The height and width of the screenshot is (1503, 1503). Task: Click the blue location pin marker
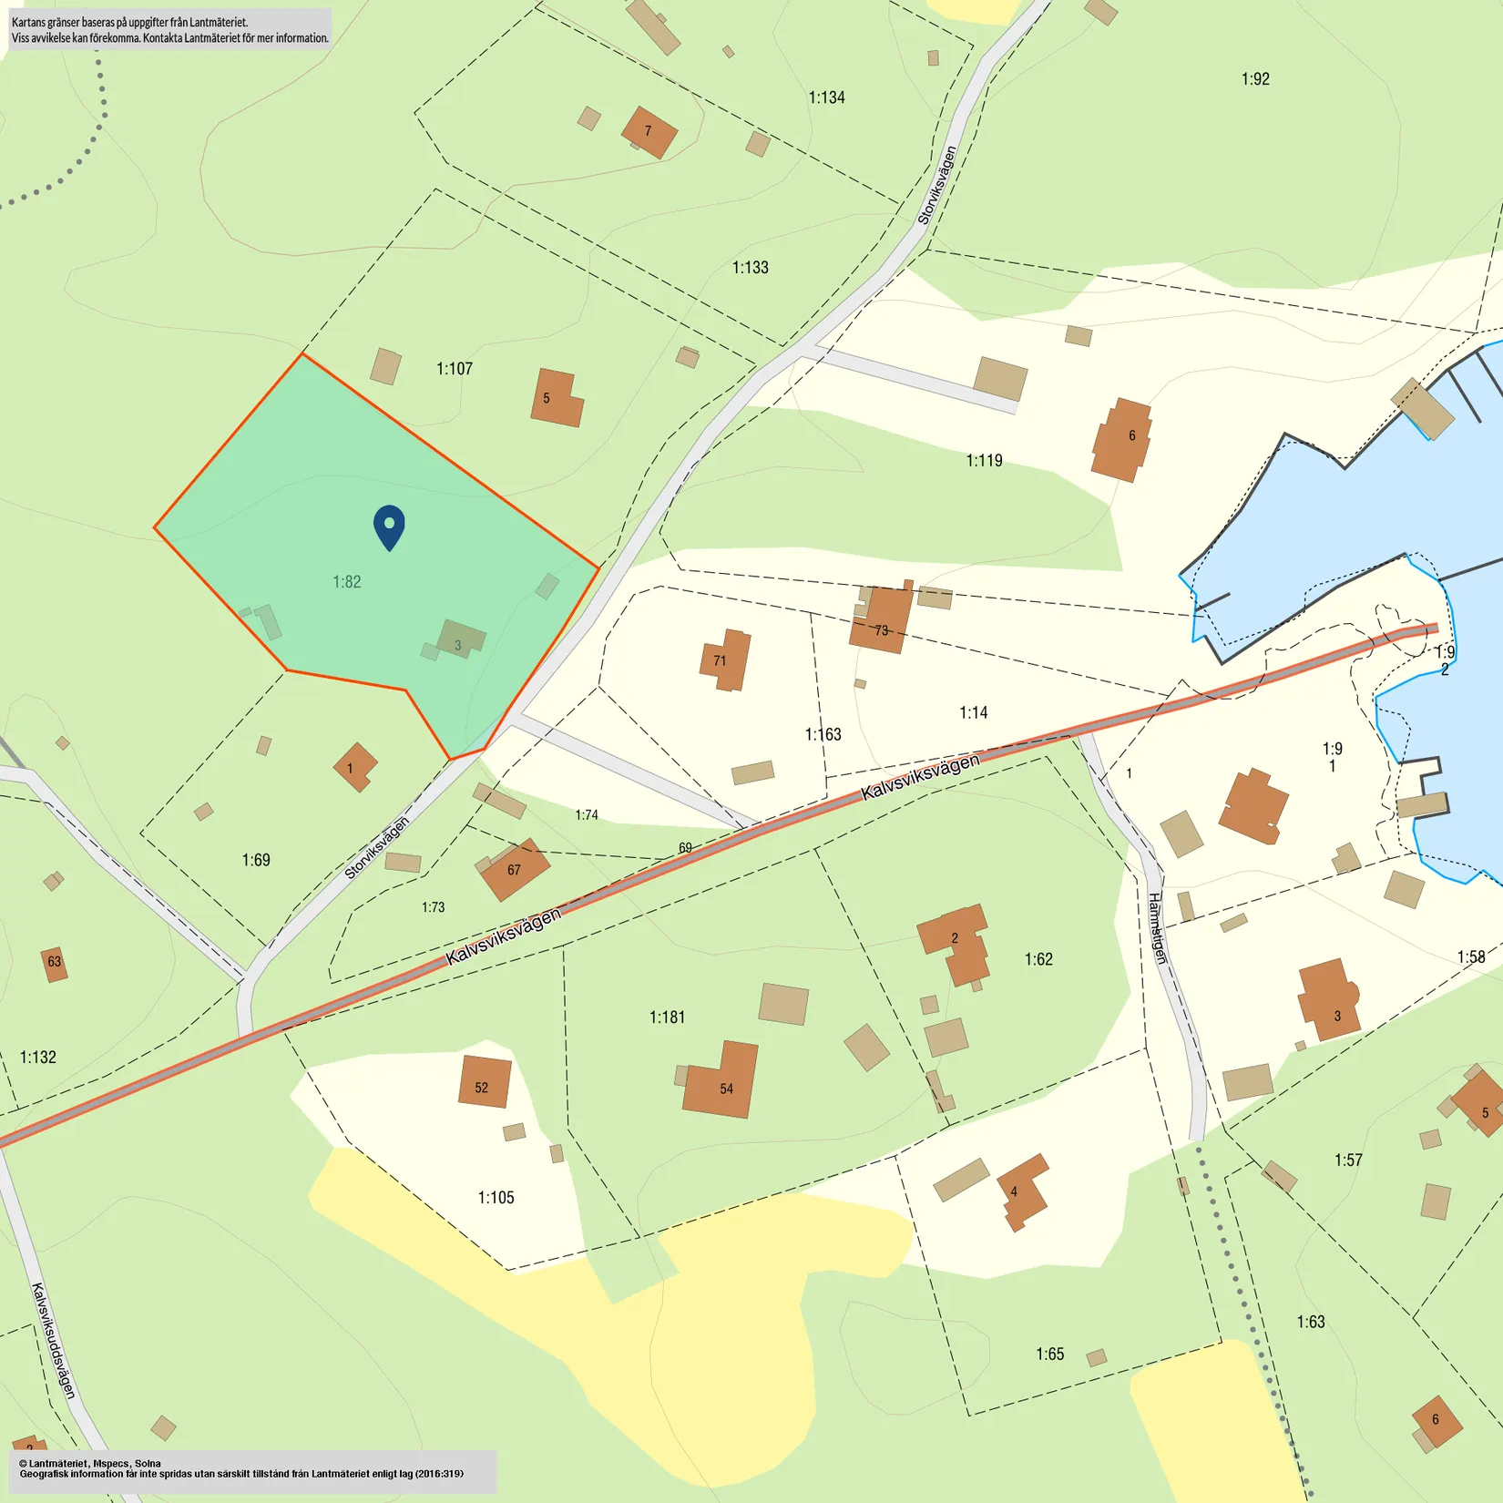point(389,527)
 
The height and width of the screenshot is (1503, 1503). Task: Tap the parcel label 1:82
point(346,582)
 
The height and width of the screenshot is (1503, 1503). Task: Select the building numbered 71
point(725,659)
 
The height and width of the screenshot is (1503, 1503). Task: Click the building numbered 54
point(722,1082)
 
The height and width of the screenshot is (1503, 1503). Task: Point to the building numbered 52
point(484,1082)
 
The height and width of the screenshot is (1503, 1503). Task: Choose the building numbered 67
point(515,870)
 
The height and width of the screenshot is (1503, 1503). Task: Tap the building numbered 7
point(649,132)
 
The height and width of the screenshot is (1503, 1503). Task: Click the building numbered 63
point(55,963)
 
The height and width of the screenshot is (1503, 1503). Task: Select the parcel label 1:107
point(455,369)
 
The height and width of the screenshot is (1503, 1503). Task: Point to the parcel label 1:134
point(826,97)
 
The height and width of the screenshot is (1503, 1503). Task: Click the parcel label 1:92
point(1255,79)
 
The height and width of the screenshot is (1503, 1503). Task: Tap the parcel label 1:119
point(984,461)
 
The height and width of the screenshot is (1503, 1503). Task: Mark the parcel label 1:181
point(667,1017)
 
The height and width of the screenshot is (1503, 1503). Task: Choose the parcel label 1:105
point(496,1198)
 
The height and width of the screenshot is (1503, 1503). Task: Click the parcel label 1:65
point(1049,1355)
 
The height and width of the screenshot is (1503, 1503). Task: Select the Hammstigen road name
point(1156,927)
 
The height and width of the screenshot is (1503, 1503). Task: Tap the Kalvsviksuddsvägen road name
point(54,1340)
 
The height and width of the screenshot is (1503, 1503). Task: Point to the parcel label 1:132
point(38,1058)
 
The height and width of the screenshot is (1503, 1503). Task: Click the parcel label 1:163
point(823,735)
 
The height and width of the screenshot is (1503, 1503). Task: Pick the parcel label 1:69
point(256,860)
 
